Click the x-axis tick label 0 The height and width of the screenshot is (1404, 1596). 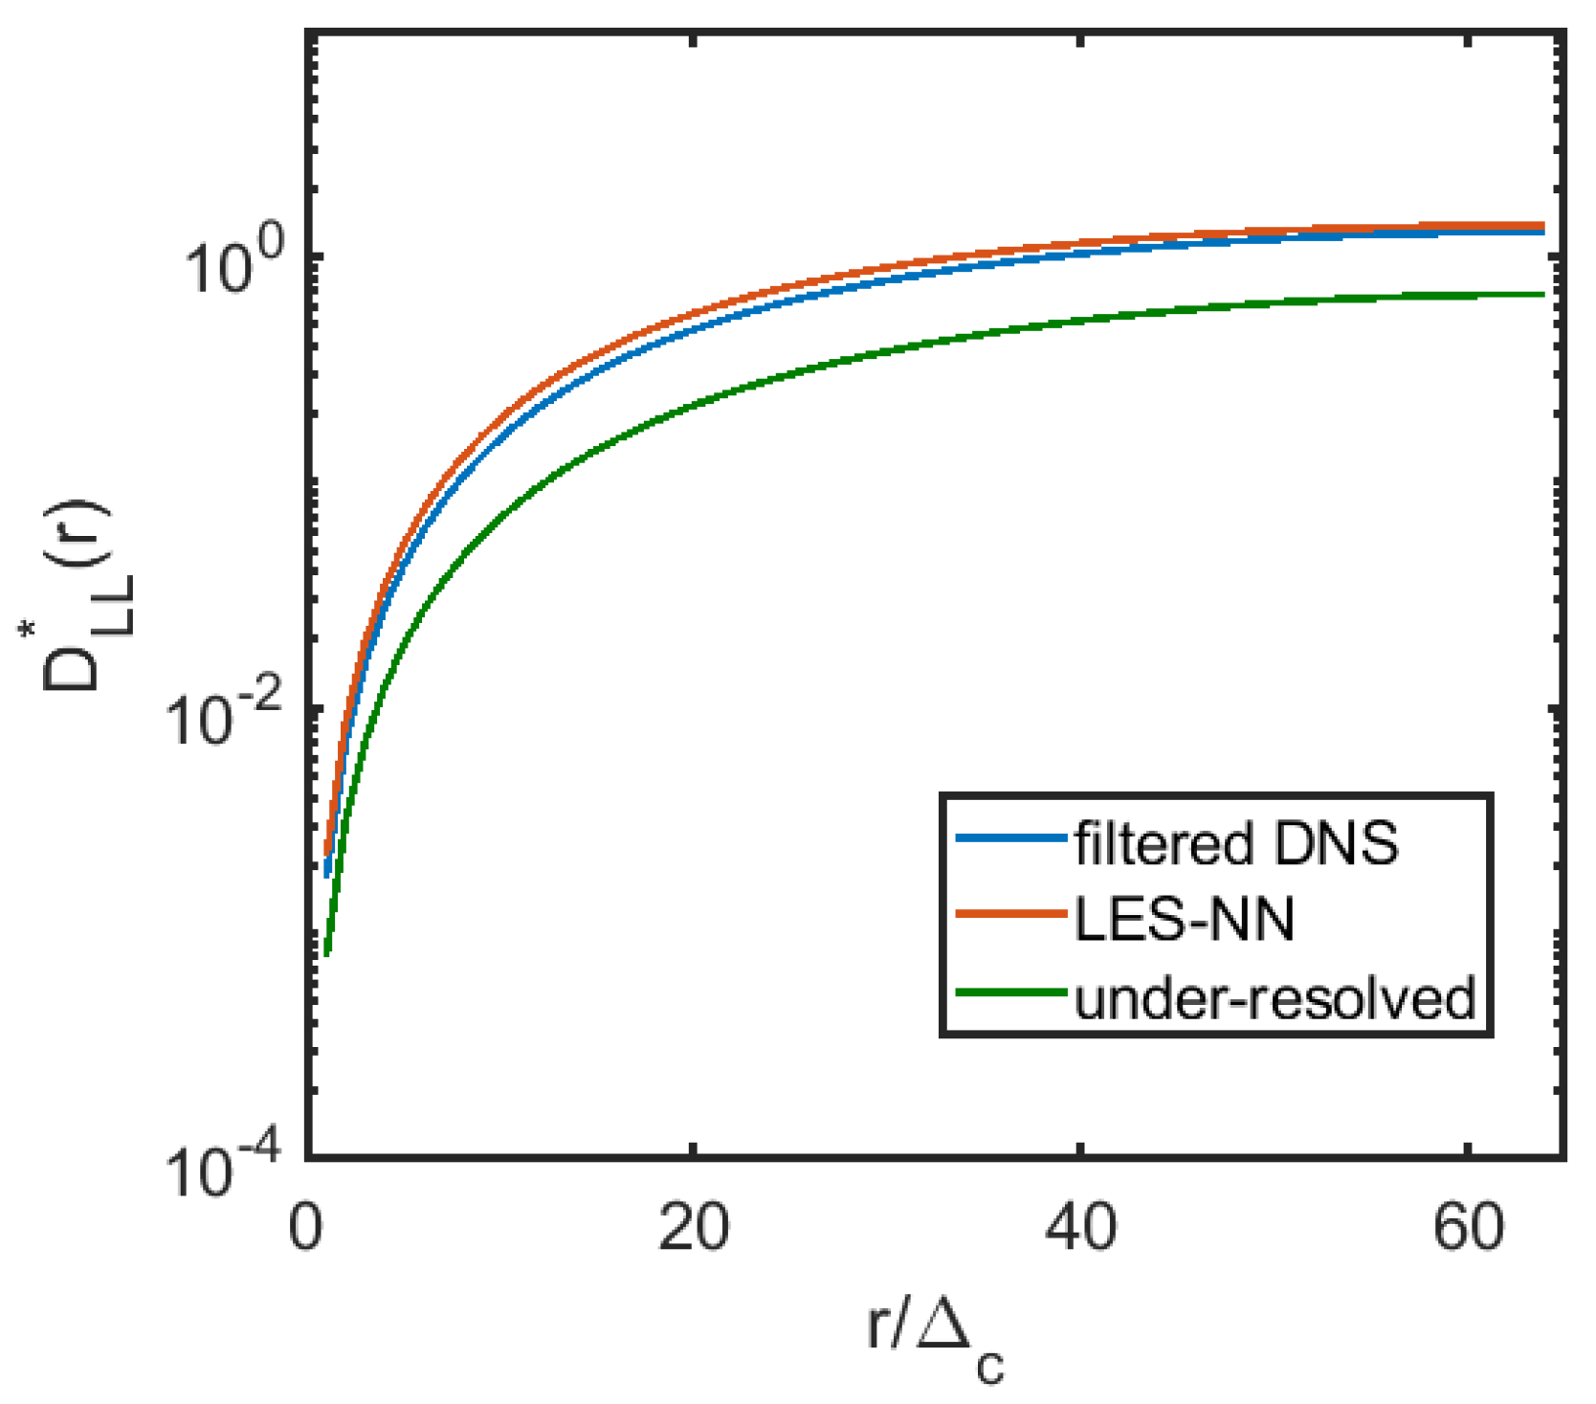[x=305, y=1228]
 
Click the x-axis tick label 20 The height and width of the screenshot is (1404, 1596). [x=693, y=1228]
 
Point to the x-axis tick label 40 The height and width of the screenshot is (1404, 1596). [x=1080, y=1228]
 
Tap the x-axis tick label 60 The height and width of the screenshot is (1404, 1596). [x=1468, y=1228]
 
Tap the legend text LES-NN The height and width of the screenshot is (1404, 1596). [x=1185, y=920]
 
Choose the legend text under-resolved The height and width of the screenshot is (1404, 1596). [x=1275, y=998]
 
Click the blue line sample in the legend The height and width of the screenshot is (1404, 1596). [x=1010, y=838]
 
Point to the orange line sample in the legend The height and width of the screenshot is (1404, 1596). [x=1010, y=915]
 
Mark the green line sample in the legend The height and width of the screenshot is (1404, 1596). [x=1010, y=992]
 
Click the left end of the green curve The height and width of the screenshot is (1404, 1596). [x=327, y=953]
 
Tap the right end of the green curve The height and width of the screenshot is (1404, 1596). [x=1543, y=294]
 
